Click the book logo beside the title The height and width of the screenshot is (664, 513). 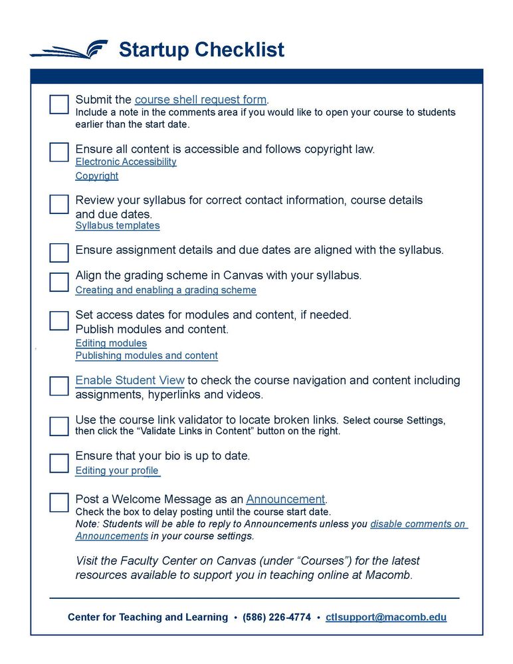pyautogui.click(x=69, y=50)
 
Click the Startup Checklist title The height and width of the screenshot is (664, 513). pyautogui.click(x=201, y=50)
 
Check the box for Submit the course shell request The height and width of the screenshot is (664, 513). pyautogui.click(x=59, y=104)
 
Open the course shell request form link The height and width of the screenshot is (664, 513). pyautogui.click(x=201, y=100)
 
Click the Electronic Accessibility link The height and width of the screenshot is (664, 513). pyautogui.click(x=126, y=162)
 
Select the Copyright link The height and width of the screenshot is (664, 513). pyautogui.click(x=97, y=176)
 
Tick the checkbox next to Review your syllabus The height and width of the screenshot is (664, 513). pyautogui.click(x=59, y=204)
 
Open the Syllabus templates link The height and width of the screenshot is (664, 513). pyautogui.click(x=118, y=225)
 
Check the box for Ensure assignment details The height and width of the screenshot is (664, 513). pyautogui.click(x=59, y=253)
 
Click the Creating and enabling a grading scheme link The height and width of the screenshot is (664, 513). pyautogui.click(x=165, y=290)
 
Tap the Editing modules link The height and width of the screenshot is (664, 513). pyautogui.click(x=111, y=343)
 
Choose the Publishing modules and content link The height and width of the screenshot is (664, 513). pyautogui.click(x=146, y=356)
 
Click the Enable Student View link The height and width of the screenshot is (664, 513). pyautogui.click(x=130, y=381)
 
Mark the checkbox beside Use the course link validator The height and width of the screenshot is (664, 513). pyautogui.click(x=59, y=426)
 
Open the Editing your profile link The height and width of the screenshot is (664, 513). pyautogui.click(x=117, y=471)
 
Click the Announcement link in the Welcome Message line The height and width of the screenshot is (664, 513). pyautogui.click(x=286, y=499)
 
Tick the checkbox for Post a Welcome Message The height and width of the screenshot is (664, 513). pyautogui.click(x=59, y=502)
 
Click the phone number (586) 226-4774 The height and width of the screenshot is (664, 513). pyautogui.click(x=276, y=617)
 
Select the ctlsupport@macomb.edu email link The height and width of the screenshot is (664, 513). pyautogui.click(x=386, y=617)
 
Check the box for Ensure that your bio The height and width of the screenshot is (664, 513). pyautogui.click(x=59, y=463)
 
